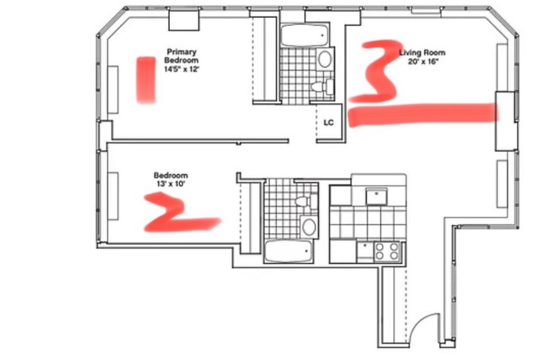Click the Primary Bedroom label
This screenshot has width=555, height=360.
tap(181, 56)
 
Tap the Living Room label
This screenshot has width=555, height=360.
tap(422, 53)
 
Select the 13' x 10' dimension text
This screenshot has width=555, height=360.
tap(171, 184)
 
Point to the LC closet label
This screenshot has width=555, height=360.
tap(328, 123)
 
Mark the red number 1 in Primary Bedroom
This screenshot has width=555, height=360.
tap(146, 80)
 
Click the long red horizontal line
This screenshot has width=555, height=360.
tap(424, 114)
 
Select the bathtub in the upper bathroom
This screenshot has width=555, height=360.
tap(305, 35)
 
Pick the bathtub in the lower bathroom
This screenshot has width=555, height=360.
tap(289, 251)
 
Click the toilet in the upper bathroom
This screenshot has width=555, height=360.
tap(322, 87)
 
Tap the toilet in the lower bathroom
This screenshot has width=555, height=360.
tap(306, 201)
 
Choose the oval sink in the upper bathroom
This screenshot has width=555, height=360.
tap(325, 59)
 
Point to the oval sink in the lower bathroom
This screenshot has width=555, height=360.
tap(309, 227)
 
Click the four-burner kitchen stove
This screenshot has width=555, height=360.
tap(387, 251)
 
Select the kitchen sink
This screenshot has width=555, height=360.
tap(376, 196)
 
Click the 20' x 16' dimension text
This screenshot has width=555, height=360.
tap(422, 62)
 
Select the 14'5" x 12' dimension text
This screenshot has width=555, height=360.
tap(182, 69)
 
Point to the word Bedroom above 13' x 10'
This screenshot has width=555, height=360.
tap(171, 175)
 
